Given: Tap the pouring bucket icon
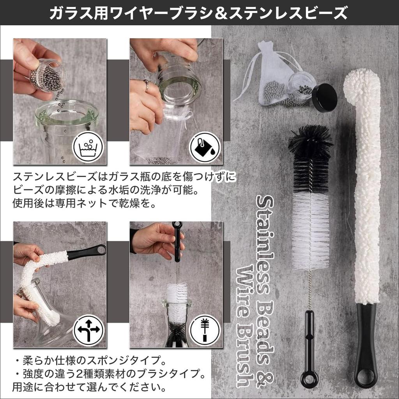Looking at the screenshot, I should [x=205, y=148].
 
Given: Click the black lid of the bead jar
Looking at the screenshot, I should [x=325, y=97].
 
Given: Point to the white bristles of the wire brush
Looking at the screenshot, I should [x=311, y=230].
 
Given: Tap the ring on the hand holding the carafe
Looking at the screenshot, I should [x=146, y=85].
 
